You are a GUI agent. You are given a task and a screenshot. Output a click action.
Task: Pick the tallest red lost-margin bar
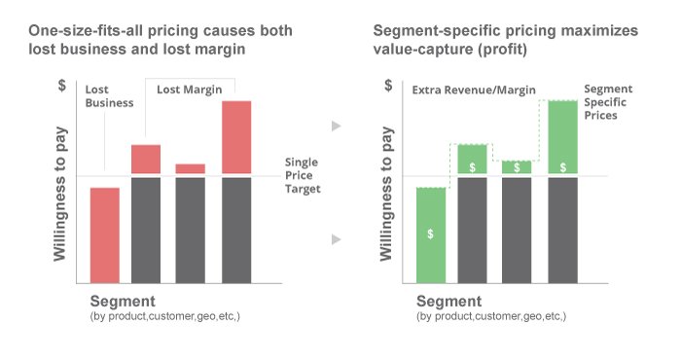[x=237, y=137]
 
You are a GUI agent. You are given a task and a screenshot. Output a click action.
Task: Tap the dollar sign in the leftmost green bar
[x=430, y=234]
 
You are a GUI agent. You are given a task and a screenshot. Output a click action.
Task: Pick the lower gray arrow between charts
[x=336, y=238]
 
